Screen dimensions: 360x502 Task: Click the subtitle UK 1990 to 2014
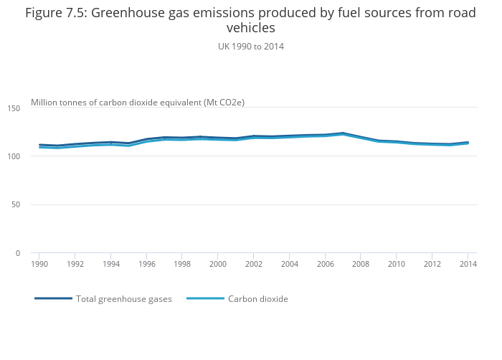pos(251,46)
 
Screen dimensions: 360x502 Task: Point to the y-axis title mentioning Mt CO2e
pos(138,103)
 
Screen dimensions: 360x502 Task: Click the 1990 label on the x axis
pos(39,264)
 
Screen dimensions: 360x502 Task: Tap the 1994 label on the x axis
pos(110,264)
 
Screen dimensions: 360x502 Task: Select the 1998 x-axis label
pos(182,264)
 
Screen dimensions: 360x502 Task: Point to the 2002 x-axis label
pos(254,264)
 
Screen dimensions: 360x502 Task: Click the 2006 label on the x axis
pos(325,264)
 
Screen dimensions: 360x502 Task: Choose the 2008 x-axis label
pos(361,264)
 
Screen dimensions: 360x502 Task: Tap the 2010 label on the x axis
pos(397,264)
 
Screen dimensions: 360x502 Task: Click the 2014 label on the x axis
pos(468,264)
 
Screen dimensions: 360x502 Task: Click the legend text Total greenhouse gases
pos(124,299)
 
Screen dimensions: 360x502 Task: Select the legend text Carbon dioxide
pos(258,299)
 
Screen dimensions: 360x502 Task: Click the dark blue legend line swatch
pos(53,298)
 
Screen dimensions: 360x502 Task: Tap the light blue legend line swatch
pos(205,298)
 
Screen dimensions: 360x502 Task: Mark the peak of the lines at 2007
pos(343,133)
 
